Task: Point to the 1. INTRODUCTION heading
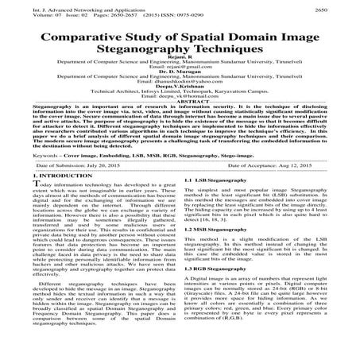41,195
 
